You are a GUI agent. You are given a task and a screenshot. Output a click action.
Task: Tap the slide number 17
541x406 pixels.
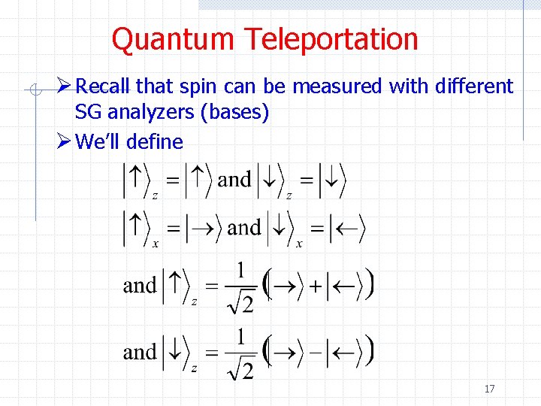point(489,389)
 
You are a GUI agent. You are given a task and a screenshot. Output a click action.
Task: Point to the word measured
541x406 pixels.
point(337,87)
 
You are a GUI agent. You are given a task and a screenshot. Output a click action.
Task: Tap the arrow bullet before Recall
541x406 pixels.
point(65,87)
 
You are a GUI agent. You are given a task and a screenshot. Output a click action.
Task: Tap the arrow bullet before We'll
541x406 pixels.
point(65,141)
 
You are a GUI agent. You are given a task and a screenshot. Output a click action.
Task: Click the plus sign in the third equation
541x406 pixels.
point(316,286)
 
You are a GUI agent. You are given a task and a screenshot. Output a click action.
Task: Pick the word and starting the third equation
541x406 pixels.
point(140,286)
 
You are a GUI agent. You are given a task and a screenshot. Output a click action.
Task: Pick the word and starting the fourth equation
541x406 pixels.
point(140,352)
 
